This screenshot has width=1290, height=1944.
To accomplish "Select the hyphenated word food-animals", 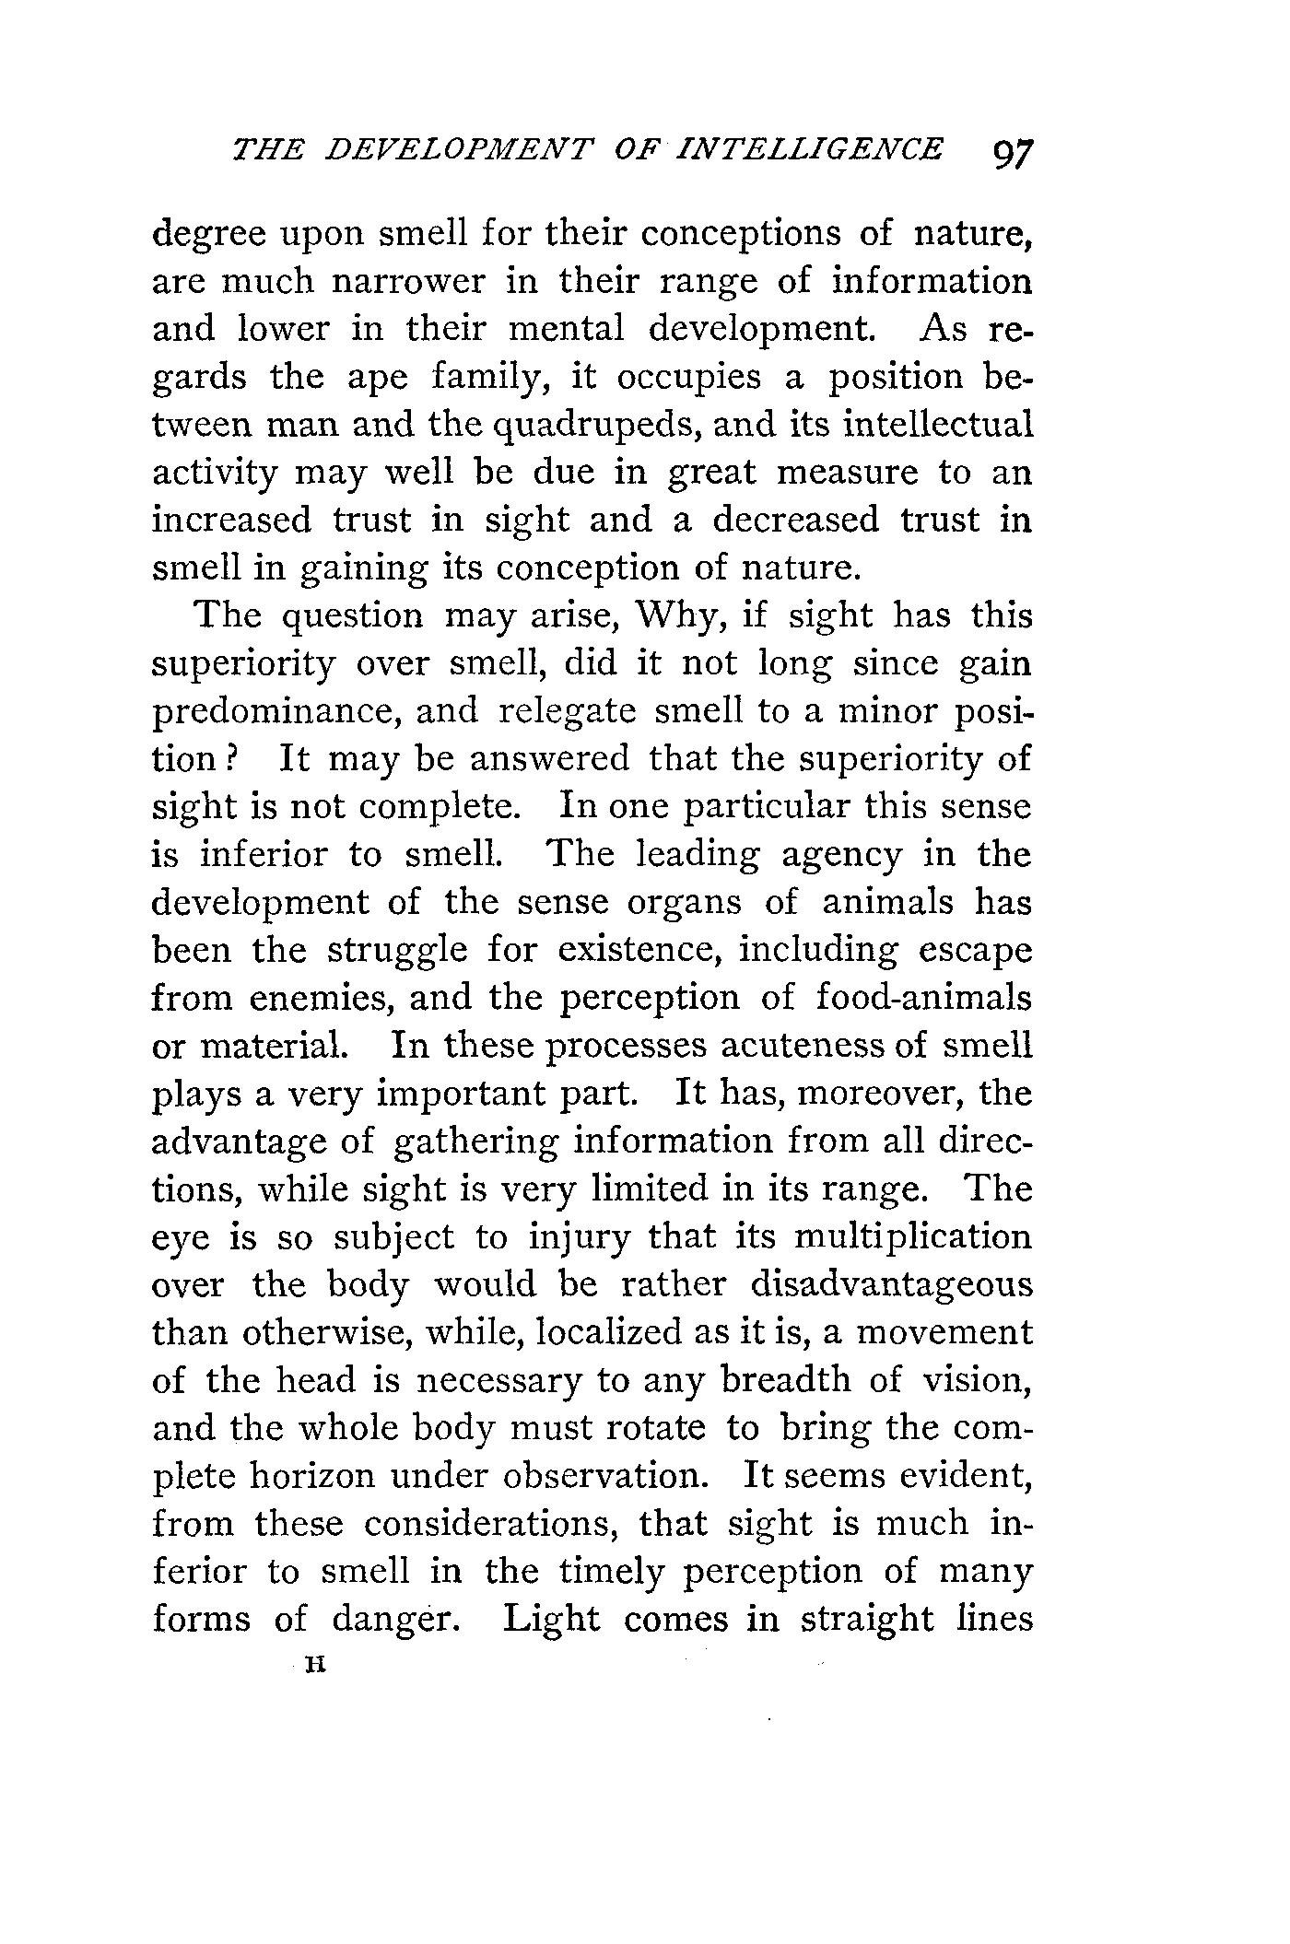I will (x=924, y=998).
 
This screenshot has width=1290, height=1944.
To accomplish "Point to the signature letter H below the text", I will (x=317, y=1665).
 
